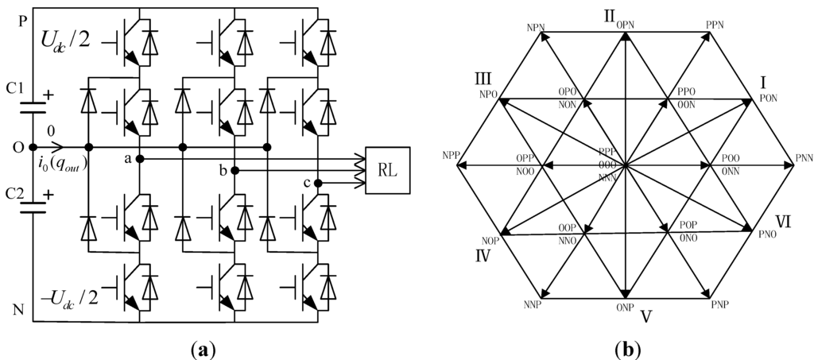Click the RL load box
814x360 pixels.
click(387, 170)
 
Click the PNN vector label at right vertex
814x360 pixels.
click(803, 159)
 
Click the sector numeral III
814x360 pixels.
click(483, 79)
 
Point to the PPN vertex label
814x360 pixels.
click(714, 25)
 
